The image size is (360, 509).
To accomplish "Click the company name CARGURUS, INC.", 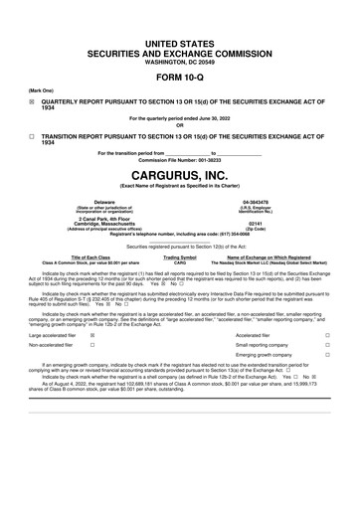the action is pos(180,175).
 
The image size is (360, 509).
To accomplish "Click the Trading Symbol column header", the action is pos(180,256).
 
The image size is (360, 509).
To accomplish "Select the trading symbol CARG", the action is pos(180,262).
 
